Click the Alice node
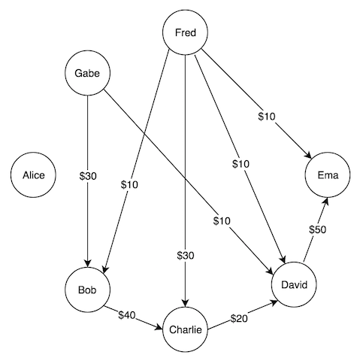coord(33,175)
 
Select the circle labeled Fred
coord(185,32)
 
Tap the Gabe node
coord(88,73)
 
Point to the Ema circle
coord(328,175)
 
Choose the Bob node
coord(88,290)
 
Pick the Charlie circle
coord(185,328)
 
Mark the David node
coord(295,284)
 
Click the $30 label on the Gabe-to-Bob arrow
coord(88,176)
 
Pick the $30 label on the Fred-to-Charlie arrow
coord(185,256)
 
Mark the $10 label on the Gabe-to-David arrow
coord(221,220)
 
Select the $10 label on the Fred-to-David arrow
coord(241,163)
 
